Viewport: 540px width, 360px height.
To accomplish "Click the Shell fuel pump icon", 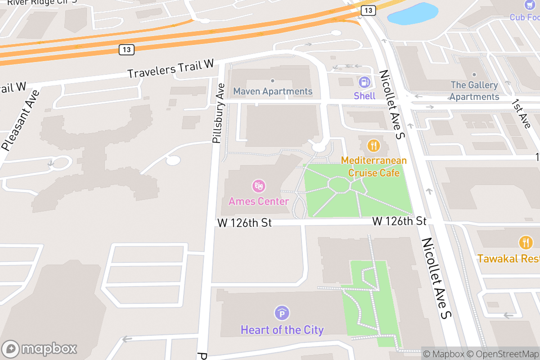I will coord(364,82).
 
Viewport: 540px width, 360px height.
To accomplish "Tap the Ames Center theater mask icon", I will coord(259,186).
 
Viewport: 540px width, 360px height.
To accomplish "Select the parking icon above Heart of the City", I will coord(282,313).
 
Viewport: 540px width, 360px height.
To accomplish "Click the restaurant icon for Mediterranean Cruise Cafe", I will coord(373,145).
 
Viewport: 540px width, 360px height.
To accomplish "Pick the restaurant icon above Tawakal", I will coord(525,243).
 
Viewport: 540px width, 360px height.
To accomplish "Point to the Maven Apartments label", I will coord(273,91).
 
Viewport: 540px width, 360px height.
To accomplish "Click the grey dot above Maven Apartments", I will coord(272,81).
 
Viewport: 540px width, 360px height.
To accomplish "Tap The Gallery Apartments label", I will coord(474,91).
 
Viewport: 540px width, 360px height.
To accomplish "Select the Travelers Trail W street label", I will coord(171,68).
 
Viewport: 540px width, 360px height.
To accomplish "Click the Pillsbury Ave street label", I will coord(219,113).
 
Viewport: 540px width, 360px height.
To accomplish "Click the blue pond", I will coord(413,13).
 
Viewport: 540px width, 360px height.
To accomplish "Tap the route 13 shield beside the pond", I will coord(369,10).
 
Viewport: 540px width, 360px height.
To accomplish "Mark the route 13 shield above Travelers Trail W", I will coord(126,49).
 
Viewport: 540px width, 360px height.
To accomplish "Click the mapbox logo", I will coord(40,349).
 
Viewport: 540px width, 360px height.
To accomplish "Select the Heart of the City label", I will coord(282,330).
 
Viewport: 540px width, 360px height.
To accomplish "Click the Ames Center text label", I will coord(259,201).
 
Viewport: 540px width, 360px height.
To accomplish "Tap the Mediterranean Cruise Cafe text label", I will coord(373,166).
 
